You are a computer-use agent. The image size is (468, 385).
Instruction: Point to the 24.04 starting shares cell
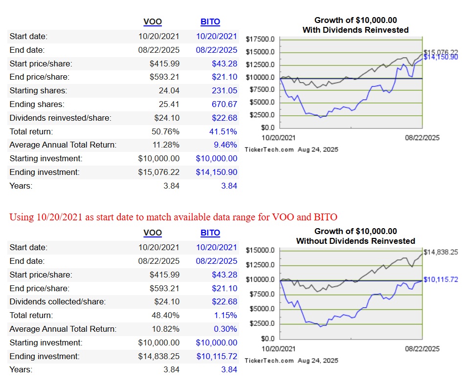170,90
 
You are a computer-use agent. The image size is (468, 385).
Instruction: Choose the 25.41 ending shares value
170,104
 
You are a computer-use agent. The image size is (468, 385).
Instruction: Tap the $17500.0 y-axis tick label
261,40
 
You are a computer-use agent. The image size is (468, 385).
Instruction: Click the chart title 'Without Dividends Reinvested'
356,241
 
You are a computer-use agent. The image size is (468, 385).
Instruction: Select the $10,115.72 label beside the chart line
441,279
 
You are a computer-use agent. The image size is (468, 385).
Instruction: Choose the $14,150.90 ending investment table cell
217,172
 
